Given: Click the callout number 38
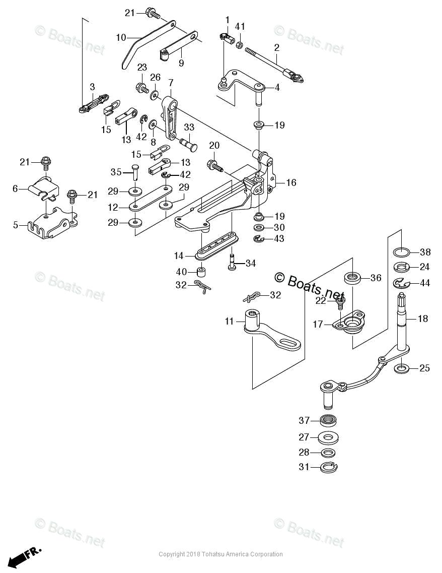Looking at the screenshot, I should [x=425, y=252].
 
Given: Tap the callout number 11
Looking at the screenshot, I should [x=230, y=321].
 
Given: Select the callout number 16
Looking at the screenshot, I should [x=291, y=182].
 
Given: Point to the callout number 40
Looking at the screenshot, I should [x=181, y=272].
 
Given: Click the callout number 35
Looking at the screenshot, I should [x=116, y=172].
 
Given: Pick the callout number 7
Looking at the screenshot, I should [x=171, y=82].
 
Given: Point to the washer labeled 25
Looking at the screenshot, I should [x=401, y=368].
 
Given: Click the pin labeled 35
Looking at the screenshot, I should [x=135, y=171].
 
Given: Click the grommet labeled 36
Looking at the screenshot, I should [x=352, y=278].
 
